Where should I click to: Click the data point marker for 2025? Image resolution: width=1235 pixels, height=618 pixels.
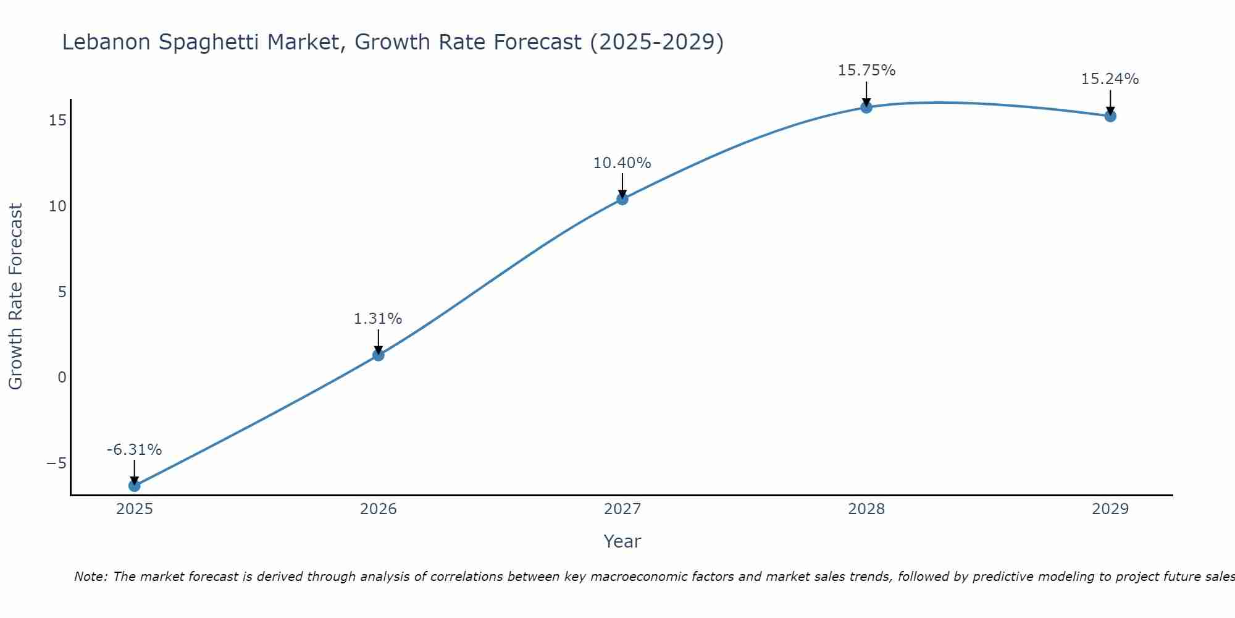[x=134, y=486]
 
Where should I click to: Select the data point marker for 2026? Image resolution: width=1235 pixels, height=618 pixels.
[x=379, y=355]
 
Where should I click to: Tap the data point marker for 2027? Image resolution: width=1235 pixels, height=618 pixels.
[x=622, y=199]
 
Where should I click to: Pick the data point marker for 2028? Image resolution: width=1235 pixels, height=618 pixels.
[x=866, y=107]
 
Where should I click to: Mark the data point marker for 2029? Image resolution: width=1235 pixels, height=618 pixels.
[x=1110, y=116]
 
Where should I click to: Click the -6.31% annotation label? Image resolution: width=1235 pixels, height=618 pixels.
[x=134, y=450]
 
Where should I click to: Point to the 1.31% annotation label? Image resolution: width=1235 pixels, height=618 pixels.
[x=378, y=319]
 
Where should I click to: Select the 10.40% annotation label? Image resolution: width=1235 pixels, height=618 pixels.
[x=622, y=163]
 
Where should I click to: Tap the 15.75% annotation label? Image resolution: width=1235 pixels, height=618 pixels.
[x=866, y=70]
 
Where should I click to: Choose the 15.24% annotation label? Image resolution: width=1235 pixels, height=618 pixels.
[x=1110, y=79]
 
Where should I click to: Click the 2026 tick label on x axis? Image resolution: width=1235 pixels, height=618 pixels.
[x=379, y=509]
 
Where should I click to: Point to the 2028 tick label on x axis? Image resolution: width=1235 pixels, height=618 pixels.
[x=866, y=509]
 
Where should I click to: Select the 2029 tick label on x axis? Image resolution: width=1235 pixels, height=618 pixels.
[x=1110, y=509]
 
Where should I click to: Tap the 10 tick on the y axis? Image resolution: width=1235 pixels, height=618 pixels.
[x=57, y=206]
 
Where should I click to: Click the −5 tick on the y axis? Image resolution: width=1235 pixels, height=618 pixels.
[x=56, y=463]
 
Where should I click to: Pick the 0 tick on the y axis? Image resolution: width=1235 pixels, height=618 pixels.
[x=62, y=378]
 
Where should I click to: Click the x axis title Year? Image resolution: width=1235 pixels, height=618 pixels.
[x=622, y=541]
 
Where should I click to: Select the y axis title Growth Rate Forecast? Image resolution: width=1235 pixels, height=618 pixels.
[x=15, y=297]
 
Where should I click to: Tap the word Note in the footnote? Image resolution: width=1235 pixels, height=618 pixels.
[x=90, y=577]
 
